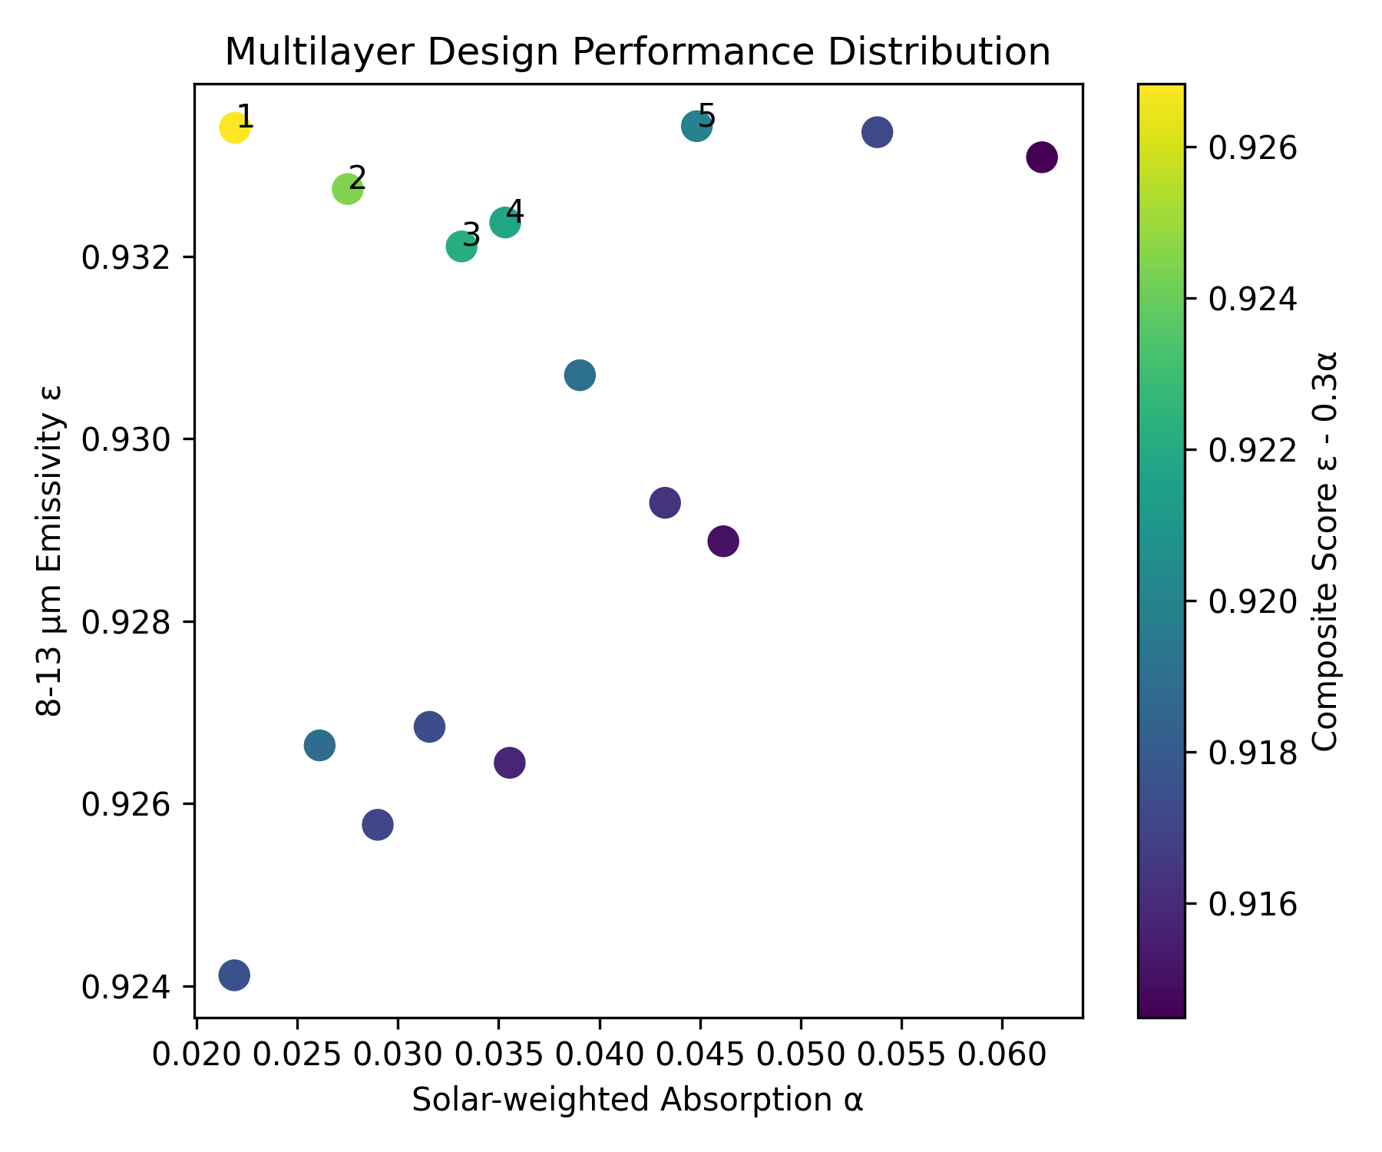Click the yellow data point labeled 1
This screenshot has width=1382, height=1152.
click(x=235, y=127)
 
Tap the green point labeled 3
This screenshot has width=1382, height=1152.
click(x=461, y=247)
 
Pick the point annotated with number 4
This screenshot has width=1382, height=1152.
click(x=504, y=223)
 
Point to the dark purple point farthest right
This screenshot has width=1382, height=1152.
click(x=1041, y=157)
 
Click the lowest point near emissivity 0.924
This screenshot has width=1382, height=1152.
click(x=234, y=975)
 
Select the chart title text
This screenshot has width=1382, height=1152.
click(x=637, y=53)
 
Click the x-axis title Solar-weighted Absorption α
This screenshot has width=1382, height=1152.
click(x=637, y=1100)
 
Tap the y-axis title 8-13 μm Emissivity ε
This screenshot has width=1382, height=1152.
click(x=49, y=550)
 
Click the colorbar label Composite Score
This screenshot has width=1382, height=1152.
click(x=1325, y=550)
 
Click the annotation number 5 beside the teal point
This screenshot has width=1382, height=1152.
click(x=706, y=118)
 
